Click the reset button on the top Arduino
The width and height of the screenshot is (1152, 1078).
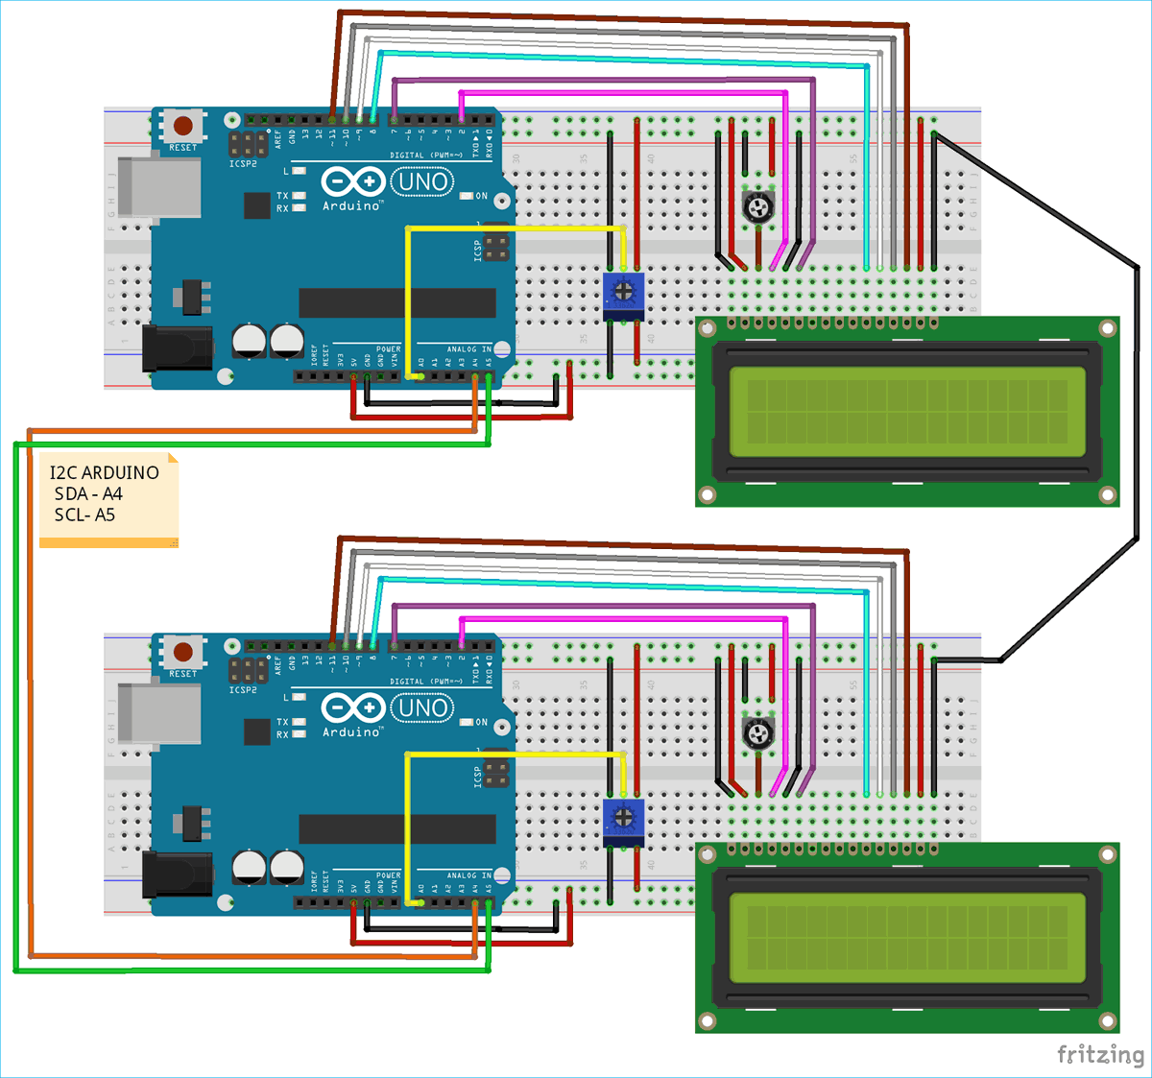click(182, 126)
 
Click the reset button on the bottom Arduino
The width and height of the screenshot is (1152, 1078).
click(182, 653)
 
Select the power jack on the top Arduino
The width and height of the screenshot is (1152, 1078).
click(177, 347)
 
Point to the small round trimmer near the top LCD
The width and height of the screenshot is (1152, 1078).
click(758, 206)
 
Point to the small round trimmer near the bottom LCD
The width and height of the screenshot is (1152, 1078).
click(758, 734)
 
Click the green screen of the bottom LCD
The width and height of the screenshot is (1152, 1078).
click(907, 938)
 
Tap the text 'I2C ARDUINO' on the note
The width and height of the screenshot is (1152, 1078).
click(105, 472)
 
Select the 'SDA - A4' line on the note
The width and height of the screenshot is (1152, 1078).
click(88, 493)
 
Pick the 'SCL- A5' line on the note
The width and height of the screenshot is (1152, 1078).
click(84, 515)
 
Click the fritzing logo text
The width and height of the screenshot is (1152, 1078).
click(1100, 1054)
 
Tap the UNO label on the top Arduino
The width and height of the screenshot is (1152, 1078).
click(422, 181)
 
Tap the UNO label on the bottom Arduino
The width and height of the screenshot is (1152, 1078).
click(422, 708)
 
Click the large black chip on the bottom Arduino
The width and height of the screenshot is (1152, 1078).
click(397, 829)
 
